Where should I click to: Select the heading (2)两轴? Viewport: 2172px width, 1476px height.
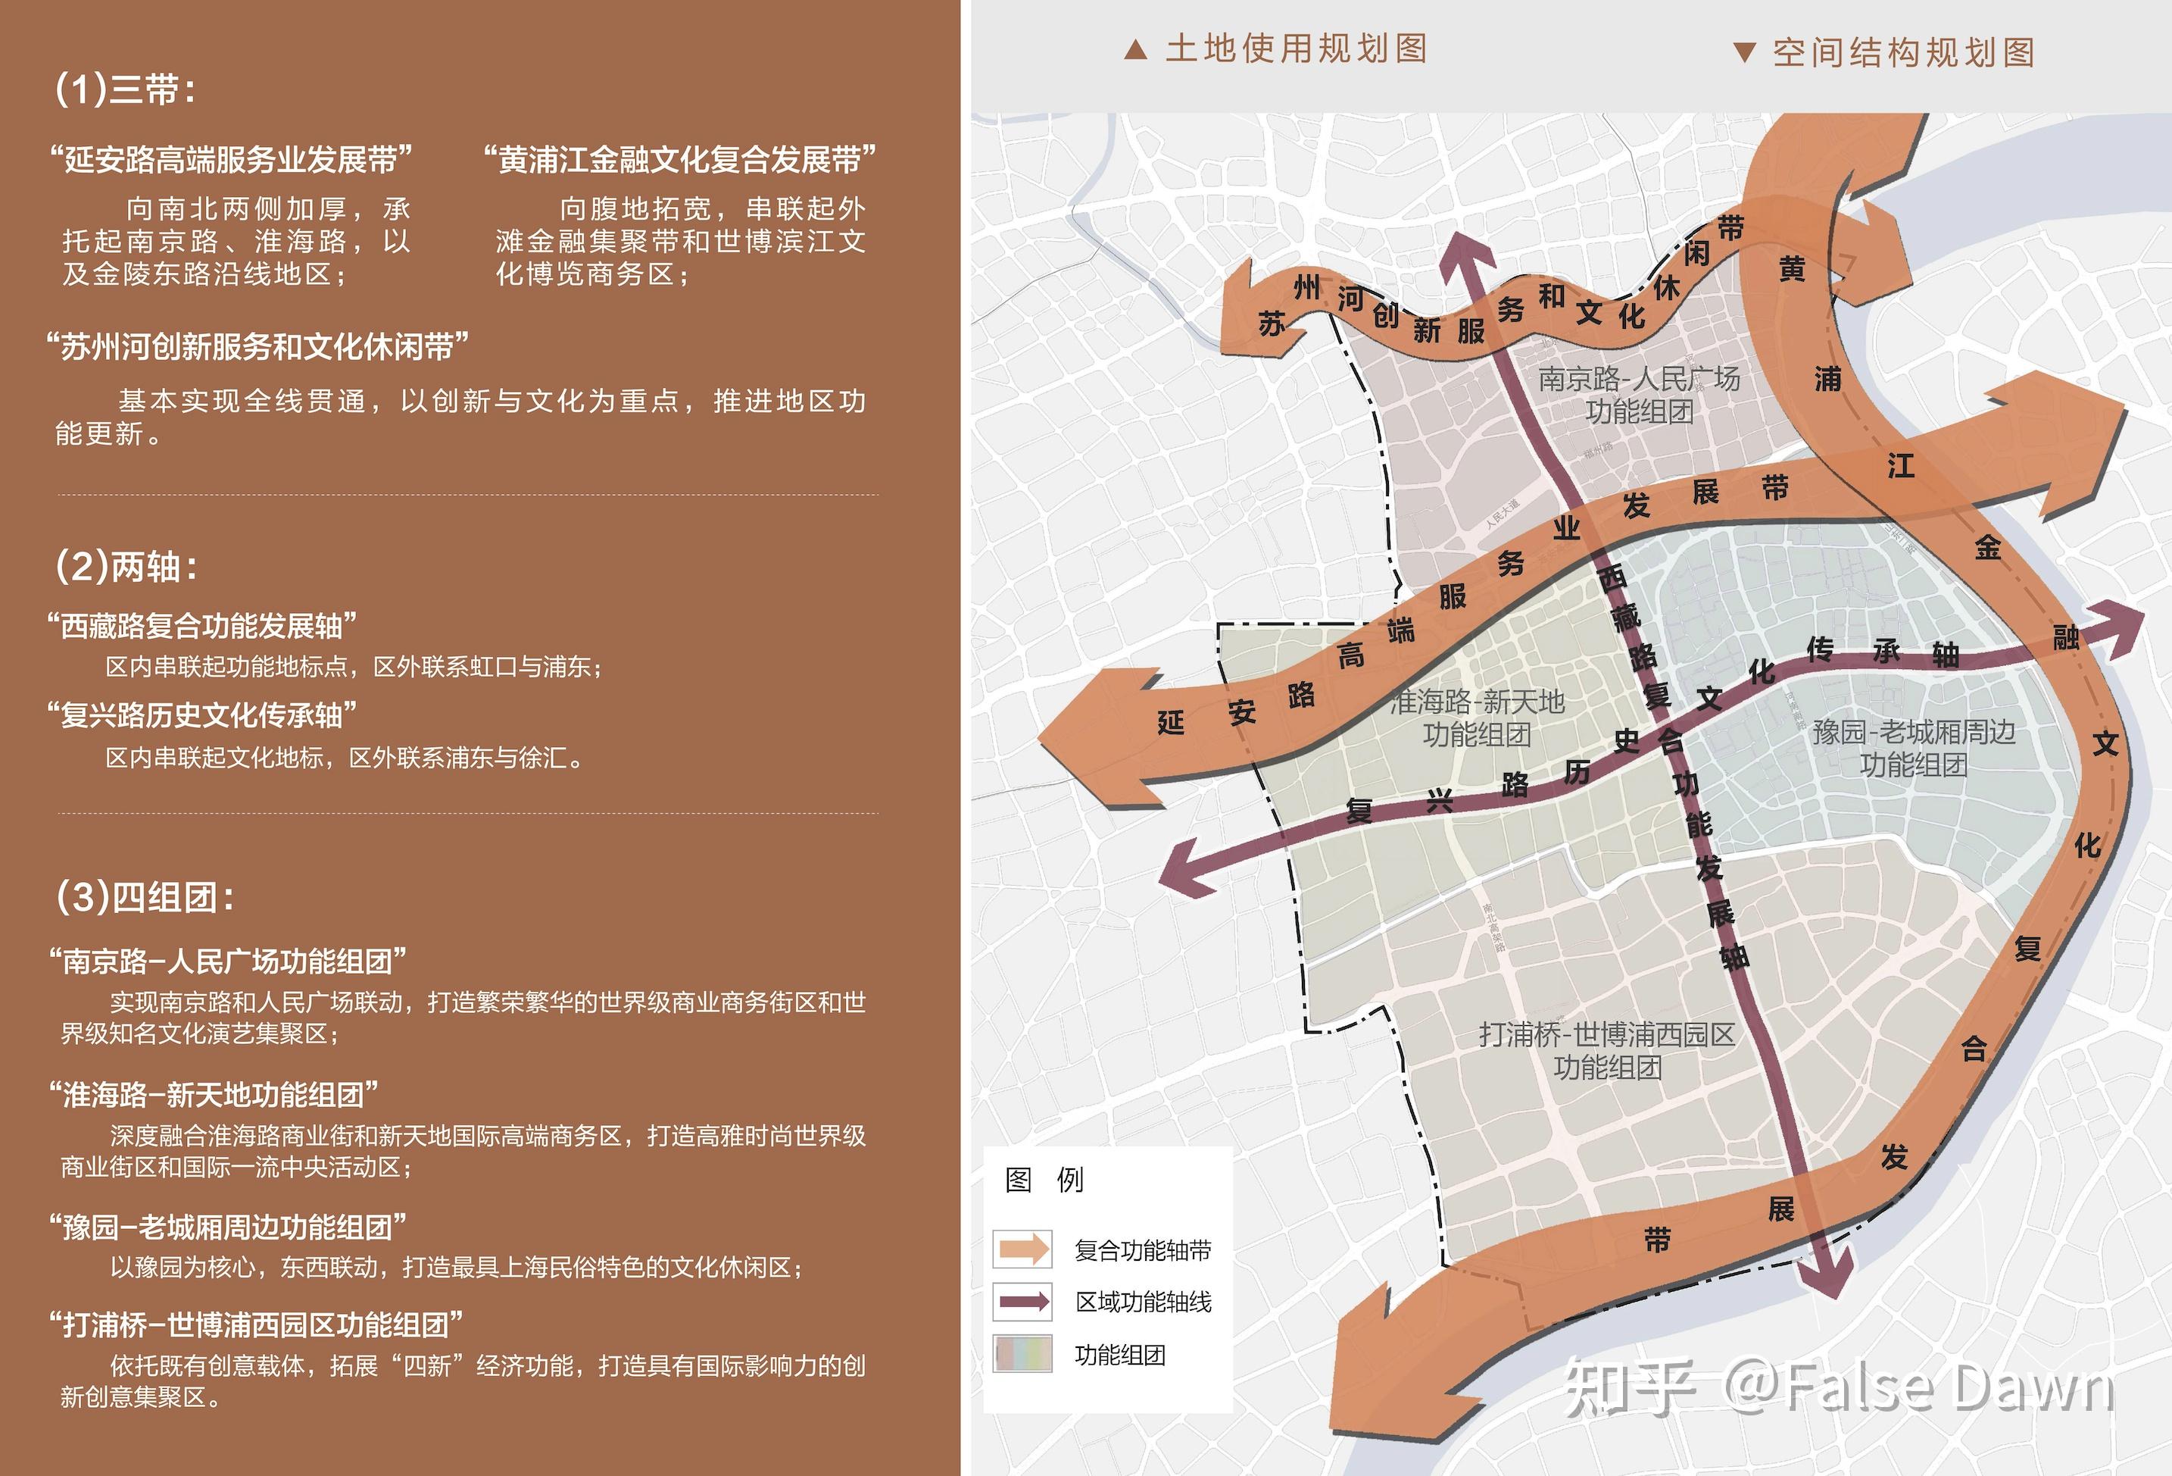tap(127, 567)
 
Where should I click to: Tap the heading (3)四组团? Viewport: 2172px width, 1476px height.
tap(145, 897)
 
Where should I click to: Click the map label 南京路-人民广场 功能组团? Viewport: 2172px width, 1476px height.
tap(1640, 395)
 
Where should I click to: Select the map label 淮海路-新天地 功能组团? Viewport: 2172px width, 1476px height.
tap(1477, 717)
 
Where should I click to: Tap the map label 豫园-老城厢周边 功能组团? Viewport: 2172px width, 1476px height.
tap(1913, 748)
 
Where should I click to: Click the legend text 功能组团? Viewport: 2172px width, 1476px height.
tap(1119, 1355)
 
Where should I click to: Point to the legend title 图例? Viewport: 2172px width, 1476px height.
tap(1044, 1180)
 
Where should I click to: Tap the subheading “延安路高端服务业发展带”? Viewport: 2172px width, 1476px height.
tap(231, 160)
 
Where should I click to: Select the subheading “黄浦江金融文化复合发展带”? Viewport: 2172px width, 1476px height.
tap(679, 160)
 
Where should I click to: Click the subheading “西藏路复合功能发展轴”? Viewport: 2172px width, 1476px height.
tap(202, 625)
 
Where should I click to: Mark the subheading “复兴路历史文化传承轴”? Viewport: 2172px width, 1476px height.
tap(202, 715)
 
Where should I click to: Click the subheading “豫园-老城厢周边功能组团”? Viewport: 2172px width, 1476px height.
tap(228, 1227)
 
